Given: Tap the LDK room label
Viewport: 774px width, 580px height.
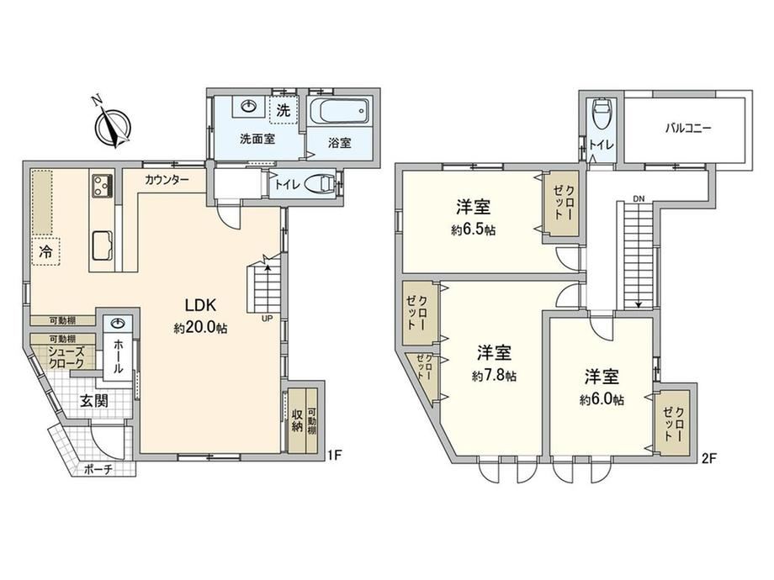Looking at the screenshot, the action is click(200, 305).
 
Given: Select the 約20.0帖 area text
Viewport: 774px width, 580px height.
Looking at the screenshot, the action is click(200, 328).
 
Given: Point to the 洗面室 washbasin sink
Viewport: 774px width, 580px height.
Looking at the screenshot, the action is click(250, 106).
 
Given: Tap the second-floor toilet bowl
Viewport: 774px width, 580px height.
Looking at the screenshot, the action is click(602, 114).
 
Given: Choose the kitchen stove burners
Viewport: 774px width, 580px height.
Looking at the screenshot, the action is click(102, 185).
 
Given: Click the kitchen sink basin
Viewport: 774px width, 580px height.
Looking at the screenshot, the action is click(102, 245).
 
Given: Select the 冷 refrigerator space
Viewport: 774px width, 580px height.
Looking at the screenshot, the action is click(46, 251).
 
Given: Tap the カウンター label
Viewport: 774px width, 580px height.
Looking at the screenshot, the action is click(167, 180).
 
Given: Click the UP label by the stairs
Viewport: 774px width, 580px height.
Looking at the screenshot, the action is click(267, 319).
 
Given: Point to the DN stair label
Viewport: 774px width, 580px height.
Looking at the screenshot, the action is click(639, 198).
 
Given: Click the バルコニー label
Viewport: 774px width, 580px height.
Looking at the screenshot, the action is click(687, 129).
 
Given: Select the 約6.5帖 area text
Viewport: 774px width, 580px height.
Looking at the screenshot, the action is click(474, 229).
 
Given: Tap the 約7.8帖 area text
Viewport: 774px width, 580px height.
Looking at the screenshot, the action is click(494, 376).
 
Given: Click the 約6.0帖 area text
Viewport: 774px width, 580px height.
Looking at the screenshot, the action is click(602, 399).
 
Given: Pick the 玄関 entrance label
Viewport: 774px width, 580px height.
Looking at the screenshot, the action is click(93, 401).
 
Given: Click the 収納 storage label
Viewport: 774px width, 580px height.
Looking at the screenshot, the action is click(297, 420).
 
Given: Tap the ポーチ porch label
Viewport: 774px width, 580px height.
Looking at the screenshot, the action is click(98, 470).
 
